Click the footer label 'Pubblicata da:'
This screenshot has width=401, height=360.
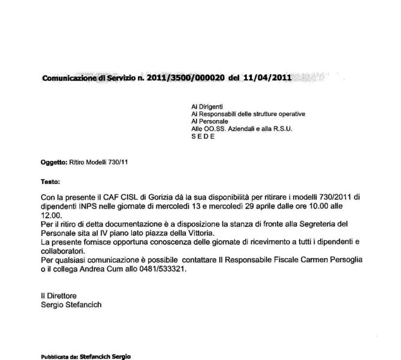pos(59,356)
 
